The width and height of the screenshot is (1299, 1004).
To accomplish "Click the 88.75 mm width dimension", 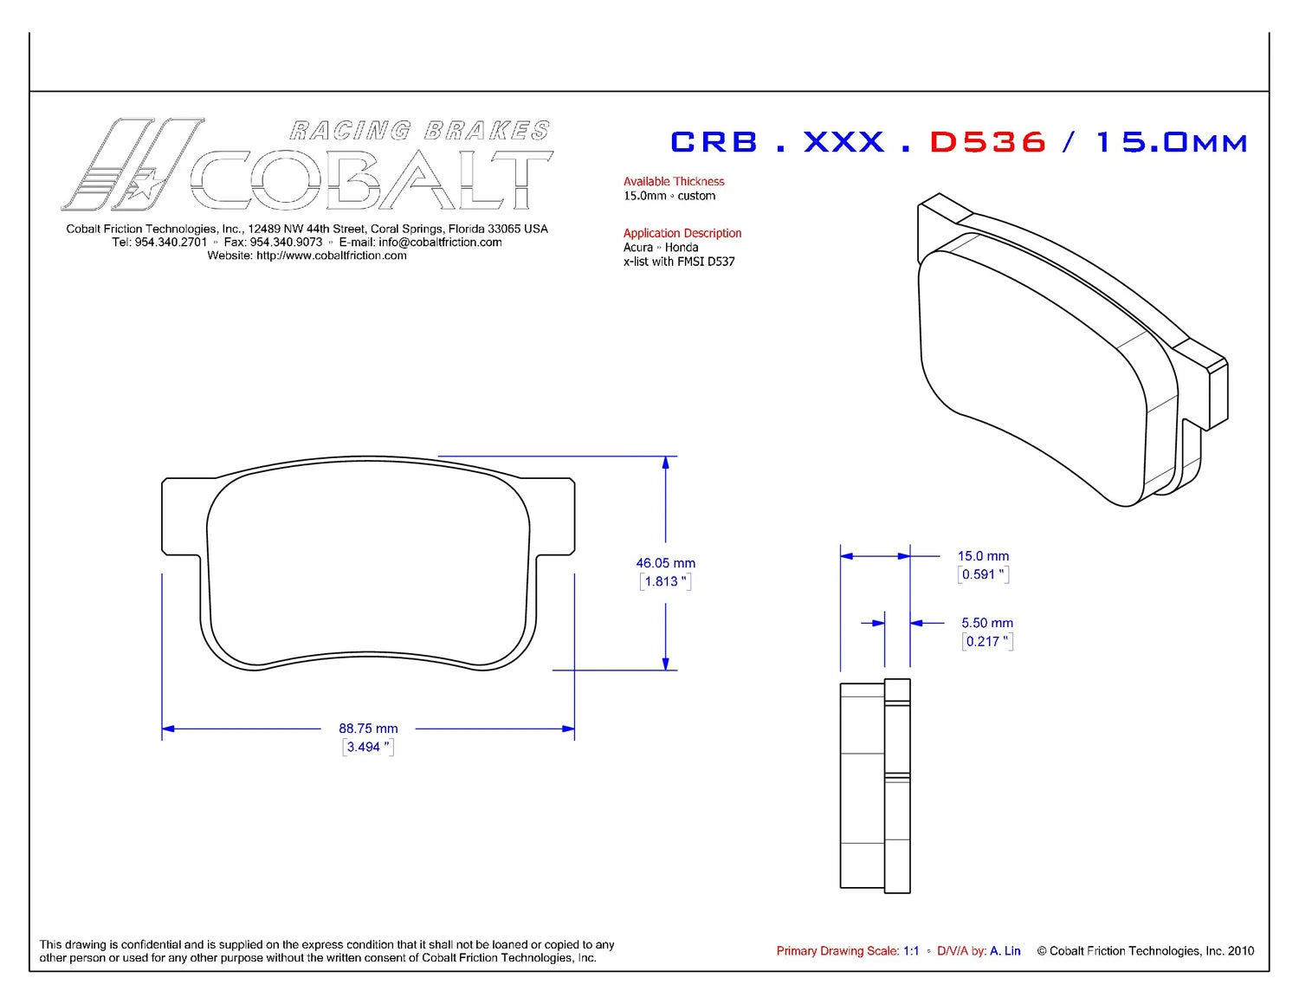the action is [368, 729].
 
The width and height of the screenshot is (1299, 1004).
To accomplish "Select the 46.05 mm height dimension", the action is [665, 563].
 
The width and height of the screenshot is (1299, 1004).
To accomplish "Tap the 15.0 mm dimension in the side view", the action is [984, 555].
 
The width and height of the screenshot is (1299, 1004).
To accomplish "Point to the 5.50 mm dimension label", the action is [987, 623].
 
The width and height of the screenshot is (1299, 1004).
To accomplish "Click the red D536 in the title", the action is [988, 142].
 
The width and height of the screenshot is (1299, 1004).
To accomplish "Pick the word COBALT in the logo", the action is [372, 180].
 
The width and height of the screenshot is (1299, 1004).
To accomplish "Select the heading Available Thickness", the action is [674, 181].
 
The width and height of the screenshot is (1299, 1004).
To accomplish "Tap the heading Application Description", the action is [682, 233].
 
